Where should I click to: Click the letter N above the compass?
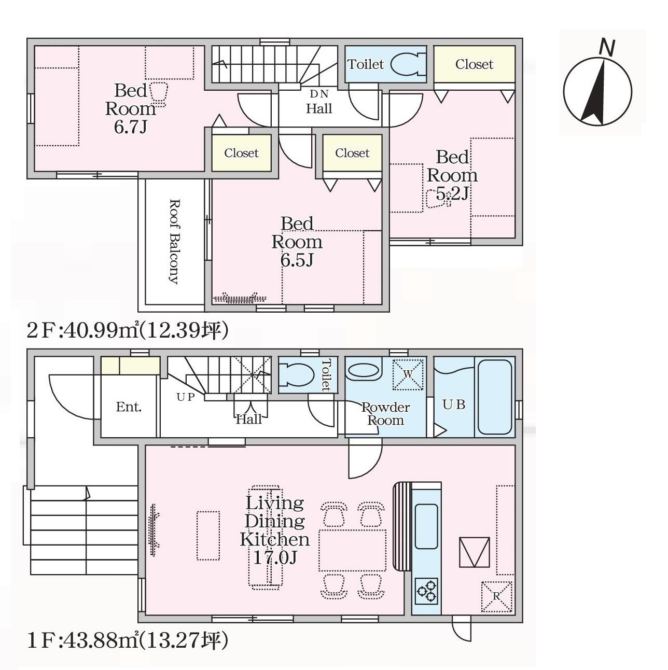coord(607,48)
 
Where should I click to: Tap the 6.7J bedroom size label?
coord(130,127)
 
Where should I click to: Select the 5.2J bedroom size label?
coord(452,194)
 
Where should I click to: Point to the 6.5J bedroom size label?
coord(297,260)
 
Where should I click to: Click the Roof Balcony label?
coord(175,242)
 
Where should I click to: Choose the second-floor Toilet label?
coord(366,64)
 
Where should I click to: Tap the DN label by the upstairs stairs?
coord(319,94)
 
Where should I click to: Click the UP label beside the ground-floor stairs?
coord(185,397)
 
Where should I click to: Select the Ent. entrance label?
coord(129,407)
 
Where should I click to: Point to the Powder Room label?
coord(386,414)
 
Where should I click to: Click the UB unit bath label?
coord(454,404)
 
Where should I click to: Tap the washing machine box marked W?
coord(408,374)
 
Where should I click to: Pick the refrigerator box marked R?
coord(496,597)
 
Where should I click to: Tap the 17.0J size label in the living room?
coord(275,558)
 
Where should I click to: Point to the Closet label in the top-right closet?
coord(475,64)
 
